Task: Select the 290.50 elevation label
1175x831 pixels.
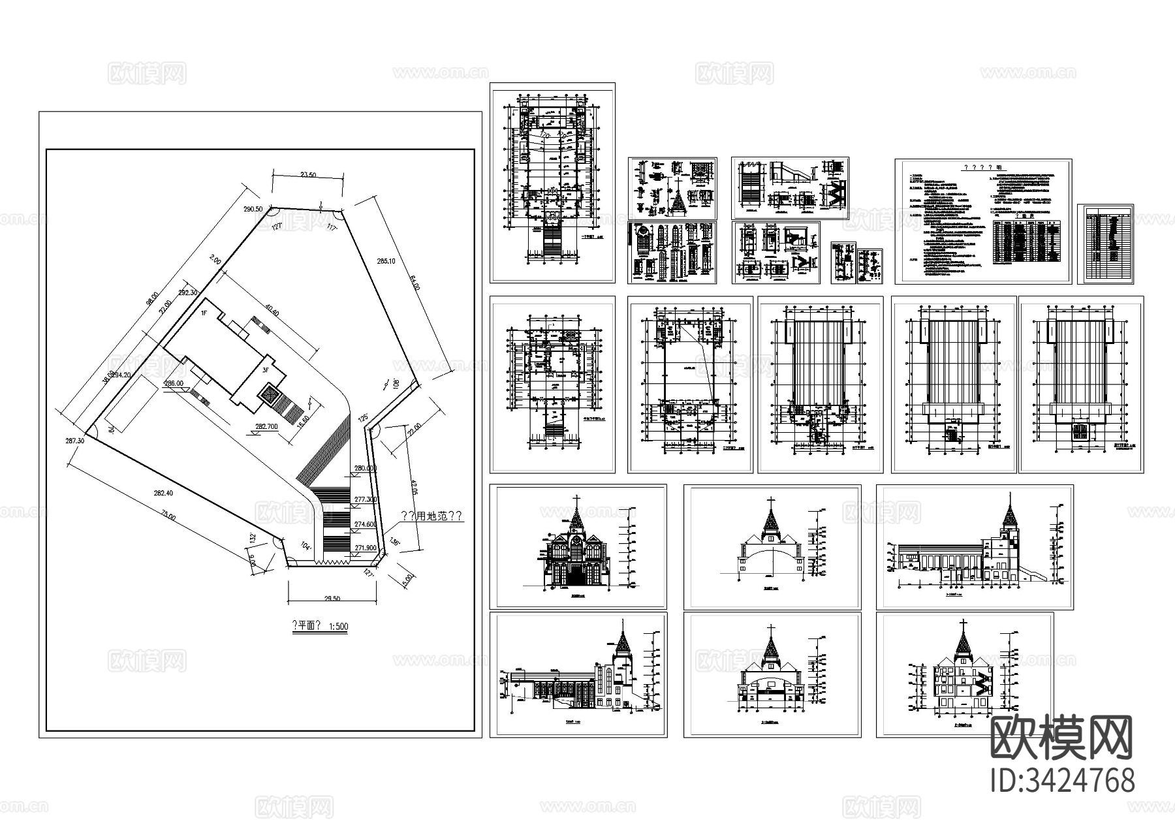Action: pyautogui.click(x=253, y=209)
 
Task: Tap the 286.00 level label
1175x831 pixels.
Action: pyautogui.click(x=174, y=384)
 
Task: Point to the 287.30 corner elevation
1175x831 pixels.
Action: pyautogui.click(x=76, y=442)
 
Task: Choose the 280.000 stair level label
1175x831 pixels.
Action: pyautogui.click(x=366, y=469)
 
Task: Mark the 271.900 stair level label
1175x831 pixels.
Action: pyautogui.click(x=366, y=548)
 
